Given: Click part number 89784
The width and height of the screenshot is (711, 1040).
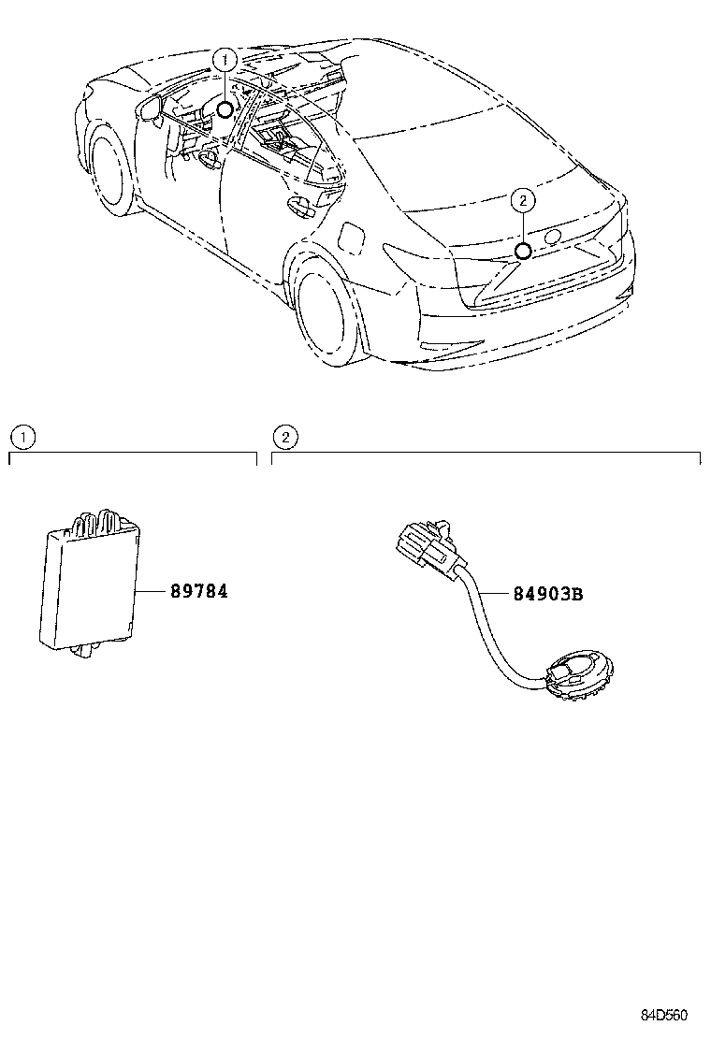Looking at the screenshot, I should coord(198,591).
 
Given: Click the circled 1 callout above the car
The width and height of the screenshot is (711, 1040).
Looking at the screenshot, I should coord(225,60).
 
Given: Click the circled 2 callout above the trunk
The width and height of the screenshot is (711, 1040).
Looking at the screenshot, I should coord(523,199).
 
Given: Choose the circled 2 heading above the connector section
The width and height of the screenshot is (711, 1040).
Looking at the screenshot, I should coord(284,436).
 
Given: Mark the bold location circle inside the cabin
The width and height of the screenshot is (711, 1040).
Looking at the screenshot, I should coord(225,110).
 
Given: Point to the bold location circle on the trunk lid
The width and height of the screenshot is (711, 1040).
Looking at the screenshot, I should coord(523,251).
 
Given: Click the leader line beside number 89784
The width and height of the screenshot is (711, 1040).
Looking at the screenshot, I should coord(150,592).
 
